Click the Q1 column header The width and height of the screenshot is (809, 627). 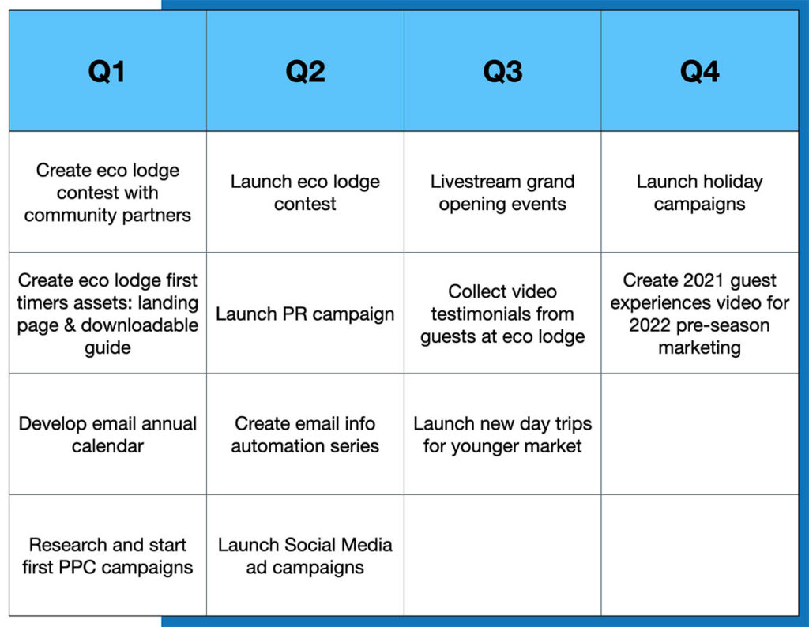point(107,71)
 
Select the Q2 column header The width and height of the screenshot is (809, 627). point(305,71)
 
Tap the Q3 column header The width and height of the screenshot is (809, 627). point(502,71)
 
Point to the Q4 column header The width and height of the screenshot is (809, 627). point(700,71)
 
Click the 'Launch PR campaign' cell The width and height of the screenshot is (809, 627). point(305,313)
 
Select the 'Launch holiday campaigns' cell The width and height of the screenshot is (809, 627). point(700,193)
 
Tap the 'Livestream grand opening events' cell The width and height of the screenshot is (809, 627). point(502,193)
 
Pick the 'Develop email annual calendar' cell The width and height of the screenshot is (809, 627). point(107,434)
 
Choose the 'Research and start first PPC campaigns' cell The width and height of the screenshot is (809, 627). point(107,555)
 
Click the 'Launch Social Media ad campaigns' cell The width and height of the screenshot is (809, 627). point(305,555)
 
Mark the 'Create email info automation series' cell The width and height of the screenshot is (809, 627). point(305,434)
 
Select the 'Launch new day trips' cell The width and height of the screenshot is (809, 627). point(502,434)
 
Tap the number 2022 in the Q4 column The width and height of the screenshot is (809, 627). point(649,325)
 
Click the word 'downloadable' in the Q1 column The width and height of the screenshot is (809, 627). point(139,325)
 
